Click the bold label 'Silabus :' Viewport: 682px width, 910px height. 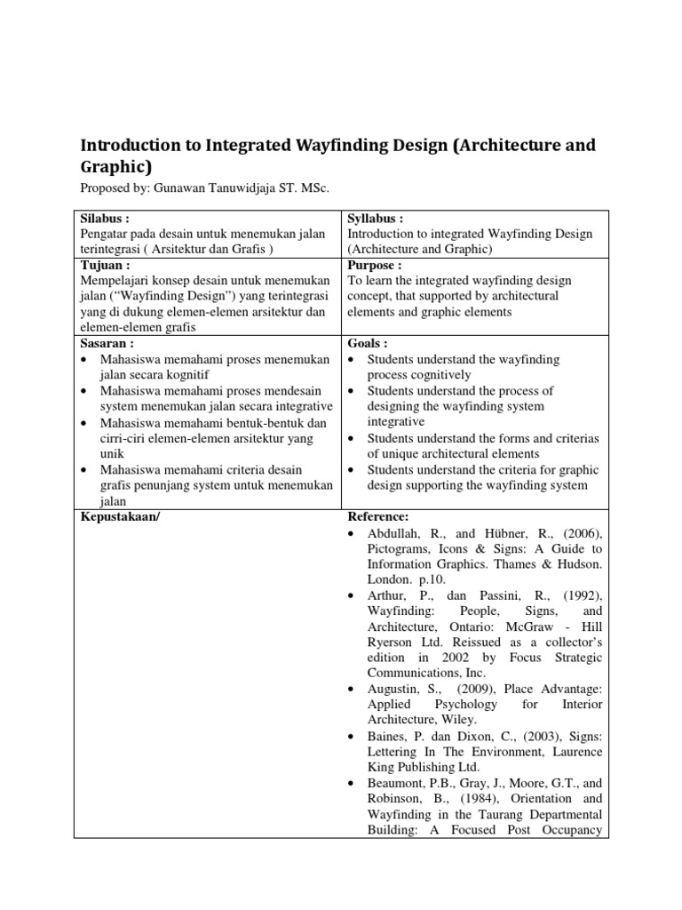106,219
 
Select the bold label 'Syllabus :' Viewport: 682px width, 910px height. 376,219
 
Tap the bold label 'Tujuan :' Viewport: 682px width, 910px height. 105,266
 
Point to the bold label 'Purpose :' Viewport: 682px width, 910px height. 375,266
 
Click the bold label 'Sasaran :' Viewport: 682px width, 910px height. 107,344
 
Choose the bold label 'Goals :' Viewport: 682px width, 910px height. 368,344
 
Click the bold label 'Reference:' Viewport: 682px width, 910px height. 377,516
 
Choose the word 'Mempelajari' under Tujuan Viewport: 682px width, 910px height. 115,282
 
